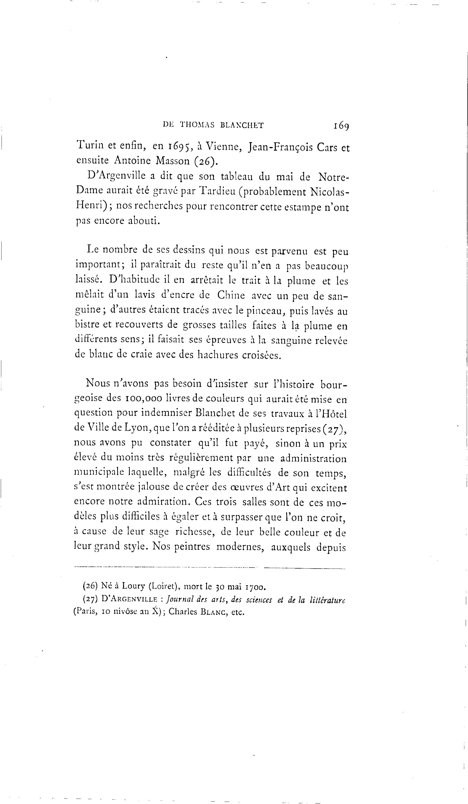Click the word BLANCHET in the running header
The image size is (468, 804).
[242, 125]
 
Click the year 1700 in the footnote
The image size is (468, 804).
[255, 586]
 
